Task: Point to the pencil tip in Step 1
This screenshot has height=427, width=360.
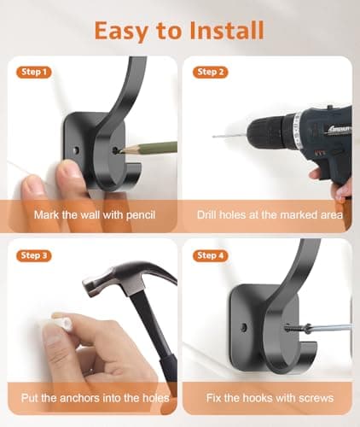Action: (121, 150)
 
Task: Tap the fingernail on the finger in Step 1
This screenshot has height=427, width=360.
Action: (31, 184)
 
